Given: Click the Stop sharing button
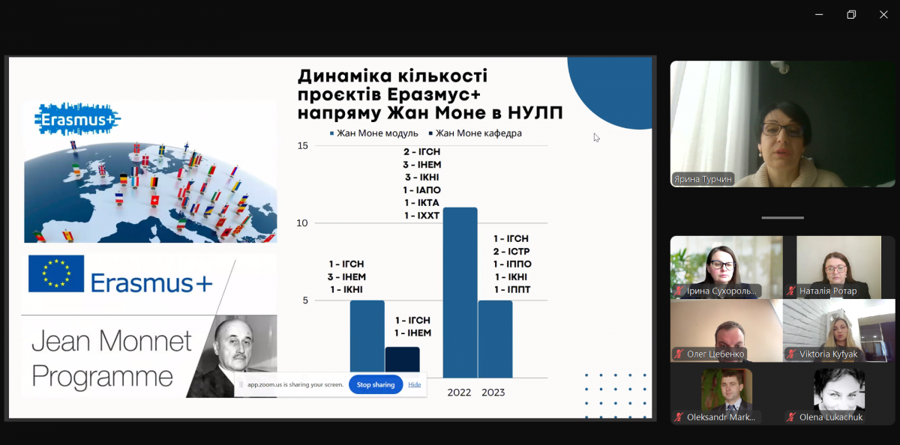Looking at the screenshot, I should pyautogui.click(x=375, y=384).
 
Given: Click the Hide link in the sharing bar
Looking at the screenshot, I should pyautogui.click(x=414, y=384).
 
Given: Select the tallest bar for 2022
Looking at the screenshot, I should pyautogui.click(x=460, y=292).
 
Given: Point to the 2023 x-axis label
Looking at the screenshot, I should pyautogui.click(x=493, y=393).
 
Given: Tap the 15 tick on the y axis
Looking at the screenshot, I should pyautogui.click(x=302, y=145).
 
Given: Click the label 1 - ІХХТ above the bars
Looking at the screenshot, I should pyautogui.click(x=422, y=216).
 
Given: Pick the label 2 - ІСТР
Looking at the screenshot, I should pyautogui.click(x=511, y=251).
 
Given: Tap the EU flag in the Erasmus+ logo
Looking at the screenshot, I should pyautogui.click(x=56, y=273).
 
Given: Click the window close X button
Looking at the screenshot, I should pyautogui.click(x=883, y=14).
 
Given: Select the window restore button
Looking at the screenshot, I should pyautogui.click(x=851, y=14).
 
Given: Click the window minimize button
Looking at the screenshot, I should pyautogui.click(x=818, y=14).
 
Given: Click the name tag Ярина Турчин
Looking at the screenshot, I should pyautogui.click(x=703, y=179).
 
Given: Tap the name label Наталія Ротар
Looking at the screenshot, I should pyautogui.click(x=828, y=291).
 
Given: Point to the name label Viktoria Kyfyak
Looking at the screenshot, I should pyautogui.click(x=827, y=354).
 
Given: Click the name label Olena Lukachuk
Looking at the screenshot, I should pyautogui.click(x=830, y=417).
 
